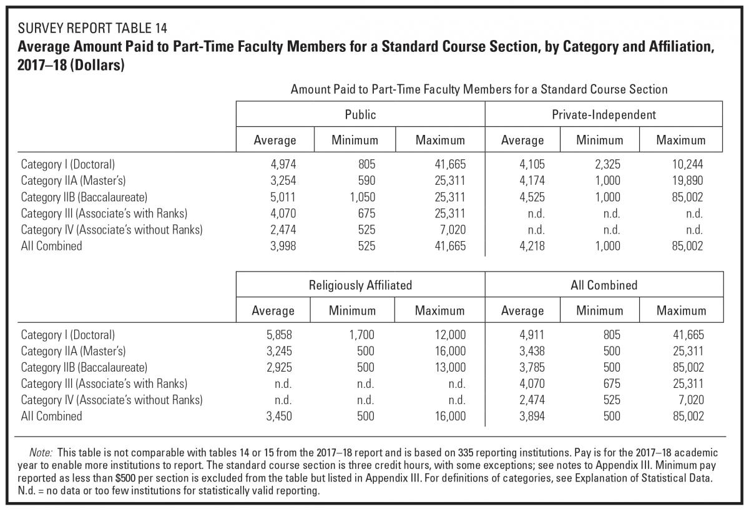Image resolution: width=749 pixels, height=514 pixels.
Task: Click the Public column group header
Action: click(360, 115)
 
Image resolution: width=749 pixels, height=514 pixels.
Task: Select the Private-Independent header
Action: click(604, 115)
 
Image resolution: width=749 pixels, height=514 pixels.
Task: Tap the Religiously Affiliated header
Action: click(360, 285)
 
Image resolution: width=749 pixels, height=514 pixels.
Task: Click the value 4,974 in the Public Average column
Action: click(283, 164)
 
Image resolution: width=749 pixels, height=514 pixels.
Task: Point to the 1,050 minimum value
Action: click(363, 197)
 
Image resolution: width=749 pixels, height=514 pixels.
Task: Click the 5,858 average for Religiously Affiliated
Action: click(279, 335)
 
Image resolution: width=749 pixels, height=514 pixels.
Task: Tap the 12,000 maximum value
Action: click(450, 335)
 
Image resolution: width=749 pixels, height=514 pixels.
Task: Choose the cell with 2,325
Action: click(607, 164)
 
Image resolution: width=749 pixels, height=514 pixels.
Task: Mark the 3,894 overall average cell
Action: click(532, 417)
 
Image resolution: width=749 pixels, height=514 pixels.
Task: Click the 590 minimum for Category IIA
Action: click(366, 180)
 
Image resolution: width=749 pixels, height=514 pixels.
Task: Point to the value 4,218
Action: click(532, 246)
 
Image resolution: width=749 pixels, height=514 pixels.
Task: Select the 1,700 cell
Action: click(362, 335)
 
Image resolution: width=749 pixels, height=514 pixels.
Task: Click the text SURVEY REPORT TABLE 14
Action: click(92, 28)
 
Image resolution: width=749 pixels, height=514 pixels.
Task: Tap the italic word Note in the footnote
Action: click(41, 452)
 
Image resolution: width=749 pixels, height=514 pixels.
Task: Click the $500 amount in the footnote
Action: click(125, 478)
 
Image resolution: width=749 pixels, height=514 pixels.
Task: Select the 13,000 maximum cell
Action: click(450, 367)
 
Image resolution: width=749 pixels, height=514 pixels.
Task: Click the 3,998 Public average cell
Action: click(283, 246)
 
